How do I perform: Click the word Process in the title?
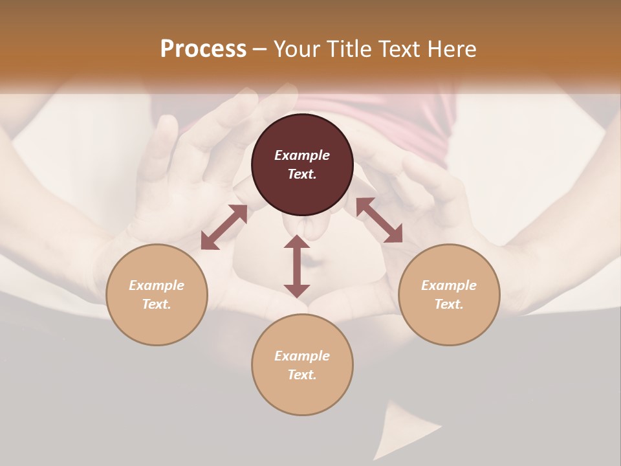point(203,49)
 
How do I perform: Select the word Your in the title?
point(295,49)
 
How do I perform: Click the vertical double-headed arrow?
point(297,266)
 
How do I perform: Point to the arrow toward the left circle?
point(224,227)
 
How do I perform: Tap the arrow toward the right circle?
point(379,220)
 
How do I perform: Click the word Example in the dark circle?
point(302,155)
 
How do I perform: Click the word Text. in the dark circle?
point(302,174)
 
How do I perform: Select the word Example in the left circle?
point(157,285)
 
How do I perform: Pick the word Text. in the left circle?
point(157,304)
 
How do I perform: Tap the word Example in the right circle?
point(449,285)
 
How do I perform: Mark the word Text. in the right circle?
point(449,304)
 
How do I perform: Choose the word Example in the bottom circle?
point(302,356)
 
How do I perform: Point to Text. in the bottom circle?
point(302,375)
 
